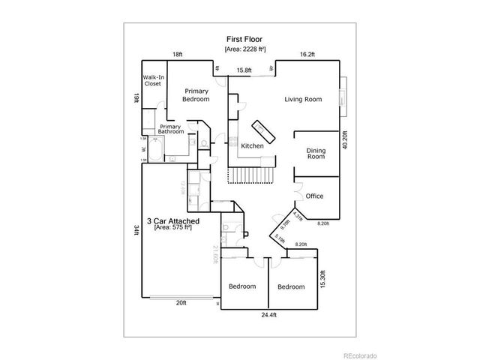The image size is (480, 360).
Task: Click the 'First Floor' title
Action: tap(245, 38)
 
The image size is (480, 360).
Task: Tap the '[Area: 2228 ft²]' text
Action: tap(245, 49)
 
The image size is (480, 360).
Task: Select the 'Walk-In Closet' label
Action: tap(154, 80)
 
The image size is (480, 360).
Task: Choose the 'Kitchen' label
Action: tap(251, 145)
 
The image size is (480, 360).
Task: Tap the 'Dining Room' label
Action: tap(316, 153)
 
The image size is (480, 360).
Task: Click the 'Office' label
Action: tap(314, 196)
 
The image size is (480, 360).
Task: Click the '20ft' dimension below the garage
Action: tap(181, 303)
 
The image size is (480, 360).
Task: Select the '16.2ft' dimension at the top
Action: tap(307, 55)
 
